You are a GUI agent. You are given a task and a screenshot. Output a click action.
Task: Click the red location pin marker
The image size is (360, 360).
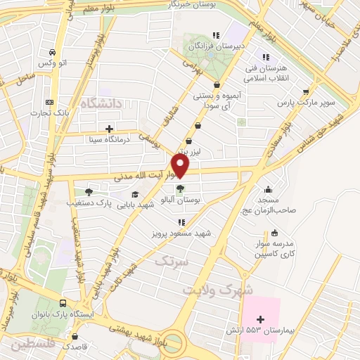pyautogui.click(x=181, y=165)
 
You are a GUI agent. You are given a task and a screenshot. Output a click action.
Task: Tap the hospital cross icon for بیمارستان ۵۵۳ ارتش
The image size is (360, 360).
pyautogui.click(x=260, y=320)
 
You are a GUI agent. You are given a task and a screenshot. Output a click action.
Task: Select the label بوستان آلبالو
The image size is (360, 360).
pyautogui.click(x=181, y=200)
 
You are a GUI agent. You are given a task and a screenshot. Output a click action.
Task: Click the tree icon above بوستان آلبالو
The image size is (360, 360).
pyautogui.click(x=181, y=188)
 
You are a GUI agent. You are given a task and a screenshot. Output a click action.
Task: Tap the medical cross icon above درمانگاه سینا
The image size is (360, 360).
pyautogui.click(x=109, y=129)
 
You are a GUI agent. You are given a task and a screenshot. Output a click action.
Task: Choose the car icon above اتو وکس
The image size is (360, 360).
pyautogui.click(x=52, y=53)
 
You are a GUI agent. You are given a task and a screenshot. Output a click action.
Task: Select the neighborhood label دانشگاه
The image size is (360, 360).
pyautogui.click(x=101, y=103)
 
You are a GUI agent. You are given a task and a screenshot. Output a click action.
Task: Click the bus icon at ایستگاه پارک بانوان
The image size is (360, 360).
pyautogui.click(x=64, y=303)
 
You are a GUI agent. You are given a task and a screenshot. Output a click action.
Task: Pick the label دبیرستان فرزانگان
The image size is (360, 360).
pyautogui.click(x=216, y=47)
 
